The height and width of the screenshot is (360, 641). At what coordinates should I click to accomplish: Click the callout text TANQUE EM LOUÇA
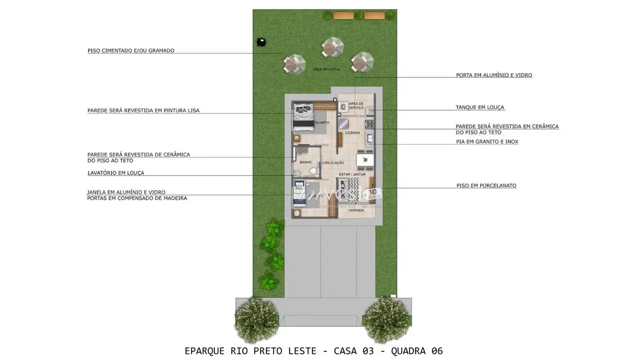(x=480, y=107)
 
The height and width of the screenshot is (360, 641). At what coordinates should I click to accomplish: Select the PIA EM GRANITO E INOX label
(x=487, y=142)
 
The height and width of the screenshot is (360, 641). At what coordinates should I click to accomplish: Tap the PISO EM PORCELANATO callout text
(x=486, y=186)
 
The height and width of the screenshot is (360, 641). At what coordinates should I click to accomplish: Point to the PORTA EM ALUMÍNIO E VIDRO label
(x=494, y=75)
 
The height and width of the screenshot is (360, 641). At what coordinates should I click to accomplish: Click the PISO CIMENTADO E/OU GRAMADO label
(x=131, y=50)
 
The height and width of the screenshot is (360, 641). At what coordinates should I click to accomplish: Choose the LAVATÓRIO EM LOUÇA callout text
(x=115, y=173)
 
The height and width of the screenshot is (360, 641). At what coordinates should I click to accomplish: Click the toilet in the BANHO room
(x=313, y=170)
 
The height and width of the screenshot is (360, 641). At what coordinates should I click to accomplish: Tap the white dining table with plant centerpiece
(x=365, y=161)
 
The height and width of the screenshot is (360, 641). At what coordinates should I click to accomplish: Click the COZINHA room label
(x=352, y=133)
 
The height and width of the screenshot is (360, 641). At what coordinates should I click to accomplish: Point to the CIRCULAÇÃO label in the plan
(x=333, y=163)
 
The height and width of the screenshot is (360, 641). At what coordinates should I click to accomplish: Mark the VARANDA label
(x=356, y=210)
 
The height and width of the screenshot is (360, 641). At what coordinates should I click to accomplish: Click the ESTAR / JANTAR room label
(x=352, y=174)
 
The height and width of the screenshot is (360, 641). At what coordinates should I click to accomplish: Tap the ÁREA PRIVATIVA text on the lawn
(x=326, y=69)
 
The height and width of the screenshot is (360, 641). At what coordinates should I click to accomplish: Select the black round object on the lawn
(x=260, y=42)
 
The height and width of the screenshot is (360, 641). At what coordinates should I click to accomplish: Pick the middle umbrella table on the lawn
(x=333, y=48)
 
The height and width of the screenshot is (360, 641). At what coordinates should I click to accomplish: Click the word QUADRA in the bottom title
(x=409, y=351)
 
